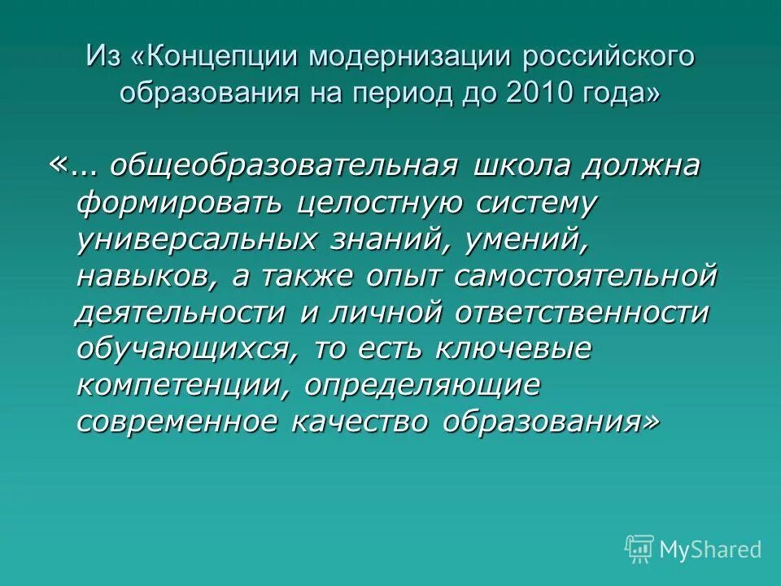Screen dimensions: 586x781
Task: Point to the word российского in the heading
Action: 609,56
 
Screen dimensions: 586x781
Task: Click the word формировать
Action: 181,204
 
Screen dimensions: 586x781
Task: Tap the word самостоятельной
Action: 586,277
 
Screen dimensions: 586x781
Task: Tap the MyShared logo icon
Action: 640,548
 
